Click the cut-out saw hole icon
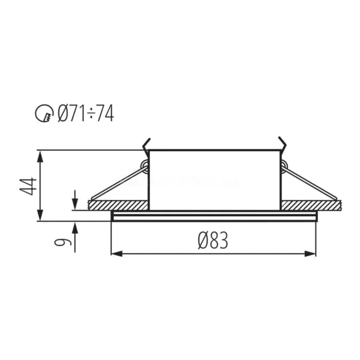(x=44, y=113)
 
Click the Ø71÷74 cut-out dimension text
(x=86, y=113)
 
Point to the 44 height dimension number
(x=28, y=186)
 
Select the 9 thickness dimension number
(x=62, y=242)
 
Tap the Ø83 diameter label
(x=213, y=240)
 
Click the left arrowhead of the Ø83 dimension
(x=116, y=254)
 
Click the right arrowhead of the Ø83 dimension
(x=310, y=254)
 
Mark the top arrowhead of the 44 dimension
(x=40, y=157)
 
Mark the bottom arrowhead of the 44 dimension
(x=40, y=215)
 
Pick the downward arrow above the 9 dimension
(x=75, y=200)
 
